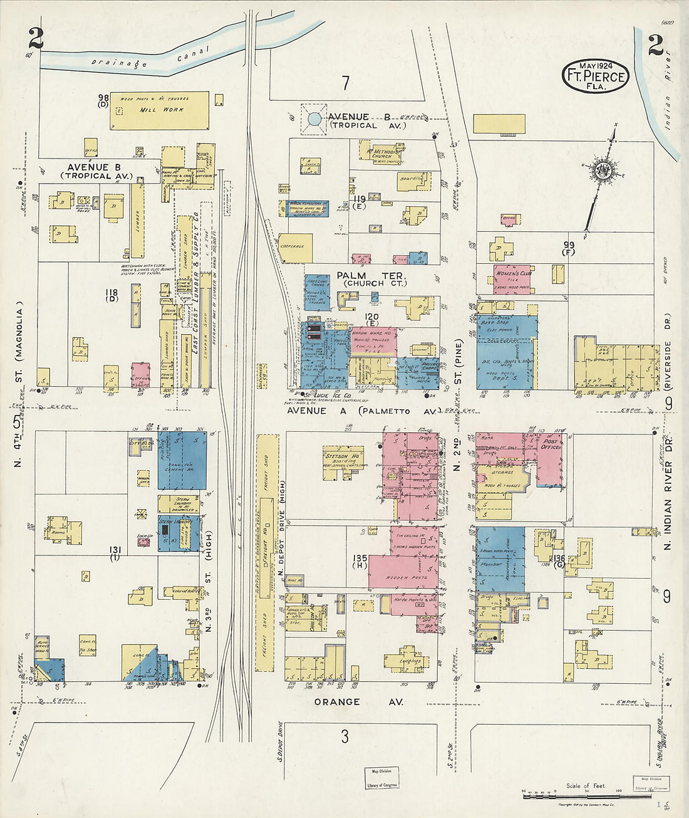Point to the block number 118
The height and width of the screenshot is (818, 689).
click(111, 293)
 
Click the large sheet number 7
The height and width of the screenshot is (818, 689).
click(345, 83)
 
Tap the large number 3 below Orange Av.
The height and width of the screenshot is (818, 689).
click(344, 737)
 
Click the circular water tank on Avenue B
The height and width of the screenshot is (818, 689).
click(314, 118)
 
